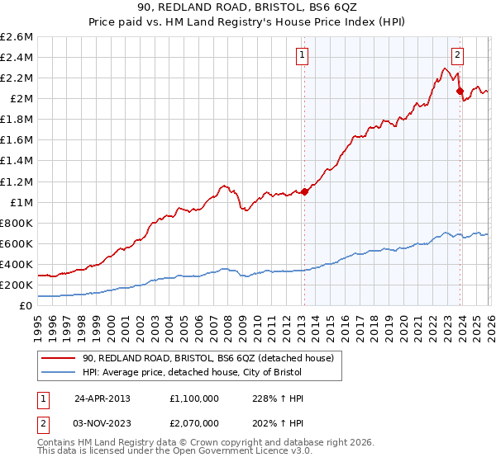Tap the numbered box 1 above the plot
303,56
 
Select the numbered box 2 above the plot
458,56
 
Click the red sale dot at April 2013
304,191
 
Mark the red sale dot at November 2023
460,91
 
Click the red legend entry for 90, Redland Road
207,358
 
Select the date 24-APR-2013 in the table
103,398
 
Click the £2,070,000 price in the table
193,422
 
